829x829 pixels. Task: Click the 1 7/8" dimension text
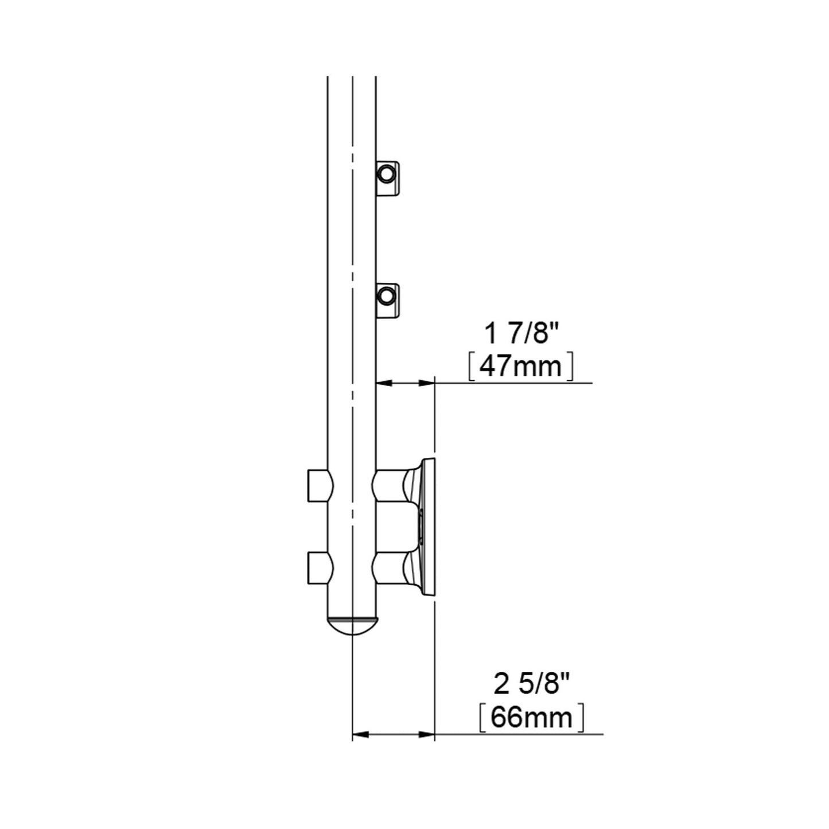(x=522, y=334)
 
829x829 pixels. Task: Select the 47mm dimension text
(x=520, y=367)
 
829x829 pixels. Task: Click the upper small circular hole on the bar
(x=386, y=174)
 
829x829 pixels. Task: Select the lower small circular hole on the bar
(x=386, y=296)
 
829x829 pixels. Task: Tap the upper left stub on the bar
(x=320, y=486)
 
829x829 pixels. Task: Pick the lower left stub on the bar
(x=320, y=569)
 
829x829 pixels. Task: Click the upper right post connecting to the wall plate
(x=390, y=486)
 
